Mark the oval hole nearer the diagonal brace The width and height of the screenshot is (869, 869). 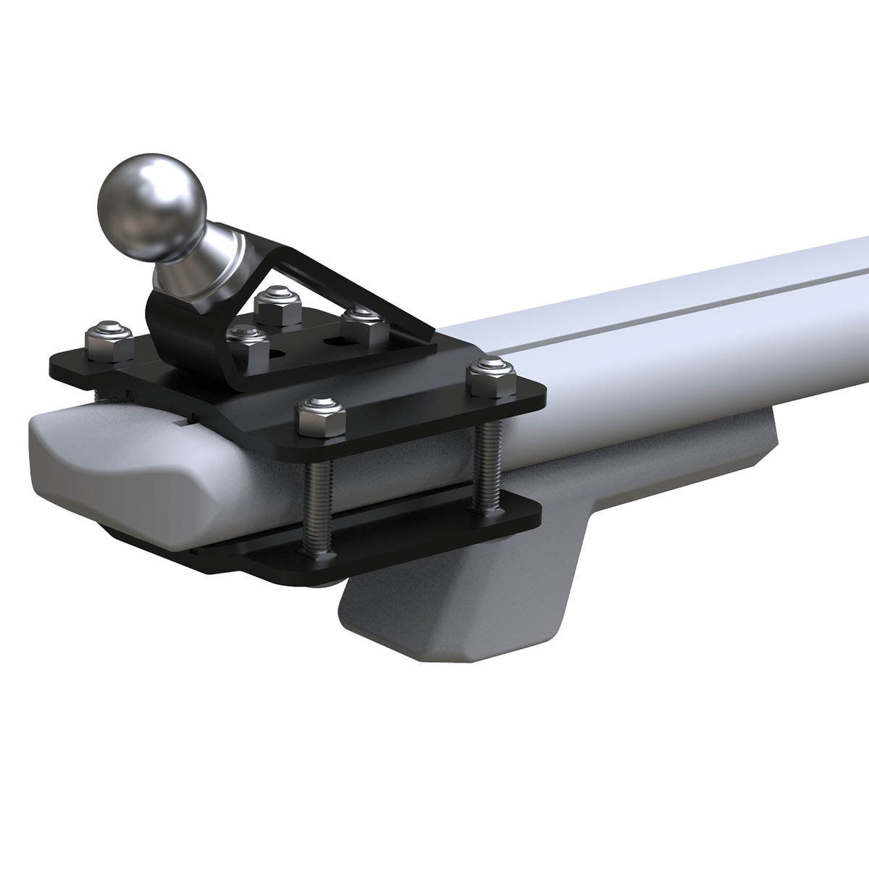tap(334, 340)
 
